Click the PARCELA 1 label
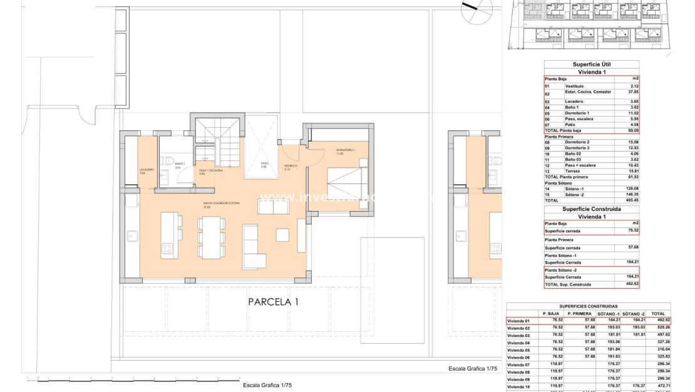pyautogui.click(x=274, y=302)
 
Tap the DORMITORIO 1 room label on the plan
pyautogui.click(x=345, y=150)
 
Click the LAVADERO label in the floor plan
pyautogui.click(x=146, y=170)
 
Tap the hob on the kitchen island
pyautogui.click(x=168, y=250)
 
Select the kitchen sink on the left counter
pyautogui.click(x=132, y=235)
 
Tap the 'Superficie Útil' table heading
pyautogui.click(x=591, y=64)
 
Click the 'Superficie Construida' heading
pyautogui.click(x=591, y=209)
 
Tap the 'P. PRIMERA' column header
pyautogui.click(x=579, y=313)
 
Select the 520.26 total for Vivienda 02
pyautogui.click(x=657, y=328)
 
